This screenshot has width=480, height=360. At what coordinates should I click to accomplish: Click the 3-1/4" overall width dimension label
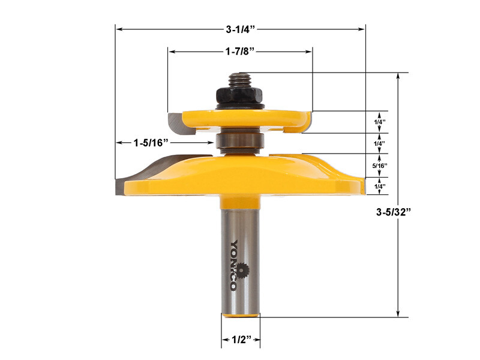[x=240, y=28]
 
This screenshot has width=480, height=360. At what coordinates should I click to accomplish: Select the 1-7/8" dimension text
[x=240, y=52]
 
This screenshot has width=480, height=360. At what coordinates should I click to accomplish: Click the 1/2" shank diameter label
[x=241, y=340]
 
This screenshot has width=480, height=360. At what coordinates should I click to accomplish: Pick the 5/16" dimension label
[x=379, y=165]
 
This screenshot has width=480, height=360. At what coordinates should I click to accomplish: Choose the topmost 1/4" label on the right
[x=379, y=122]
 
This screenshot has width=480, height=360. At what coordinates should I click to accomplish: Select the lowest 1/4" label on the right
[x=379, y=187]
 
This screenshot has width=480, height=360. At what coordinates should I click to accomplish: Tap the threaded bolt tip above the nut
[x=239, y=78]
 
